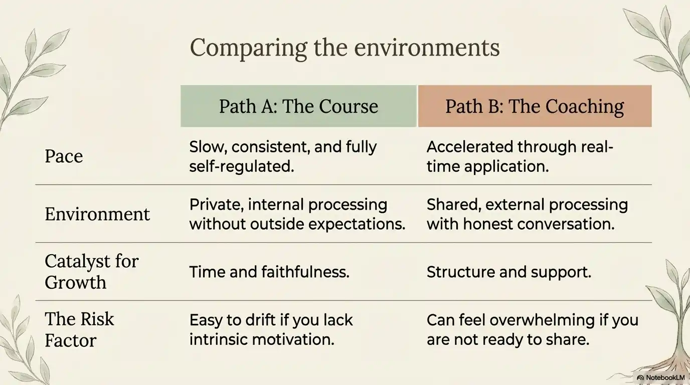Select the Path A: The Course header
pyautogui.click(x=298, y=106)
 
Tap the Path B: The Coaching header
pyautogui.click(x=535, y=106)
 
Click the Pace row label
pyautogui.click(x=64, y=156)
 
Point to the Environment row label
pyautogui.click(x=97, y=214)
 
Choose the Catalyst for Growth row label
pyautogui.click(x=91, y=272)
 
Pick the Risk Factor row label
pyautogui.click(x=79, y=329)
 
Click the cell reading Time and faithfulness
pyautogui.click(x=269, y=272)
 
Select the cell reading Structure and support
pyautogui.click(x=508, y=272)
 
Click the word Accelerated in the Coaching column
pyautogui.click(x=469, y=147)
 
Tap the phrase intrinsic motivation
pyautogui.click(x=261, y=339)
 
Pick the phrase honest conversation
pyautogui.click(x=539, y=224)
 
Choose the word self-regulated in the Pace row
pyautogui.click(x=241, y=166)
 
